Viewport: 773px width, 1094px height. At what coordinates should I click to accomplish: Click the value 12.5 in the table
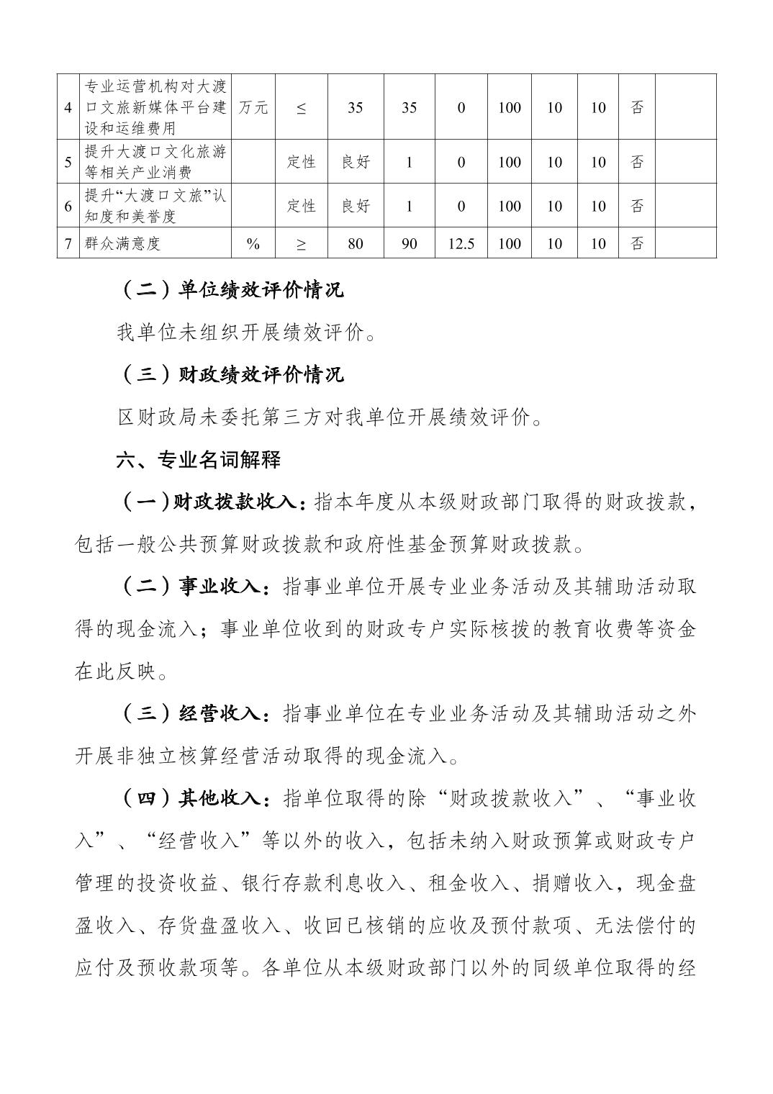(461, 243)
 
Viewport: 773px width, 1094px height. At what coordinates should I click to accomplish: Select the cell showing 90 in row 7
(409, 243)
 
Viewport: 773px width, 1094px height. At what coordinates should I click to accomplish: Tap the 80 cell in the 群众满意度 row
(355, 243)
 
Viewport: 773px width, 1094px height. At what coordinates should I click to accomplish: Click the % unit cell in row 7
(253, 243)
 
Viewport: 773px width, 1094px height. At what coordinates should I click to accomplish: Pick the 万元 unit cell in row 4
(253, 107)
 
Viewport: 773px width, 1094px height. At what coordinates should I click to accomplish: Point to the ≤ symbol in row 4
(301, 107)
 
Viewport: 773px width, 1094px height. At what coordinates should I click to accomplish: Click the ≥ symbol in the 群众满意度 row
(301, 243)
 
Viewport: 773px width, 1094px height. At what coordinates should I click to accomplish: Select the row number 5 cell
(68, 162)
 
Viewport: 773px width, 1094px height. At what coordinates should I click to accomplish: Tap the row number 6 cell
(68, 206)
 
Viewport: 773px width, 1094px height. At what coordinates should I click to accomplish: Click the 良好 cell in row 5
(355, 162)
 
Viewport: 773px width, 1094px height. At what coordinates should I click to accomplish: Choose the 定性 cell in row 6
(301, 206)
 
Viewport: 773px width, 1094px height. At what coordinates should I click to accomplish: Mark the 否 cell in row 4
(636, 107)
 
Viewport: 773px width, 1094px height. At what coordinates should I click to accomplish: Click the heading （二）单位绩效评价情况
(230, 290)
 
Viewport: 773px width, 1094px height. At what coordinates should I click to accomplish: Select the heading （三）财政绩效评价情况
(230, 374)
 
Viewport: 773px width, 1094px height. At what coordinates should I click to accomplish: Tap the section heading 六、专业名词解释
(199, 459)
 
